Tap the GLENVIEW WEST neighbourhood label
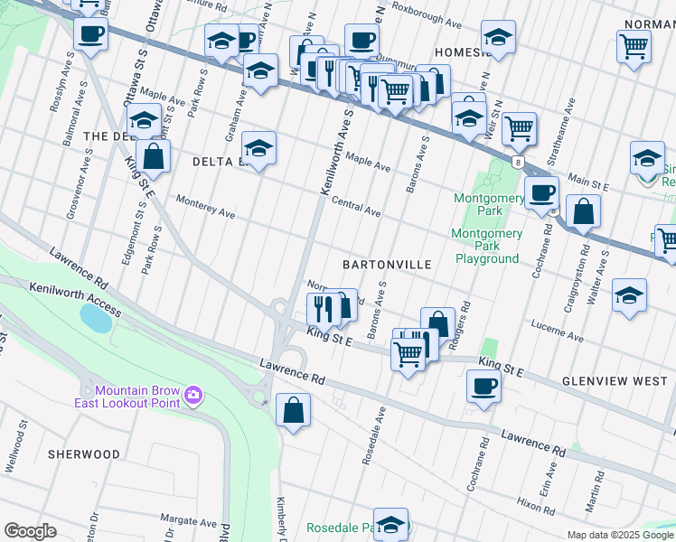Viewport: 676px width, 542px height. (x=614, y=381)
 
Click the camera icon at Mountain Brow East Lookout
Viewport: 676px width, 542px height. (x=192, y=395)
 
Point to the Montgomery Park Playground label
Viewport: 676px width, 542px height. (x=486, y=246)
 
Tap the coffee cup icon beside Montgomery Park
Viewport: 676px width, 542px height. (x=541, y=192)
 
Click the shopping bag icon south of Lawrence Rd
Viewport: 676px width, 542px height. (x=294, y=410)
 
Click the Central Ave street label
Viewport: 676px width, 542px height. (x=355, y=207)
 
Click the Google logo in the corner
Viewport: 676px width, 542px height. (x=30, y=531)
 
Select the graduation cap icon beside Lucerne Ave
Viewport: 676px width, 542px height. (x=629, y=296)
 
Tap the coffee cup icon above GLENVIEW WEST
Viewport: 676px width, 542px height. (x=484, y=386)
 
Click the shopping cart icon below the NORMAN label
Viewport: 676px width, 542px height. (x=634, y=45)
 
